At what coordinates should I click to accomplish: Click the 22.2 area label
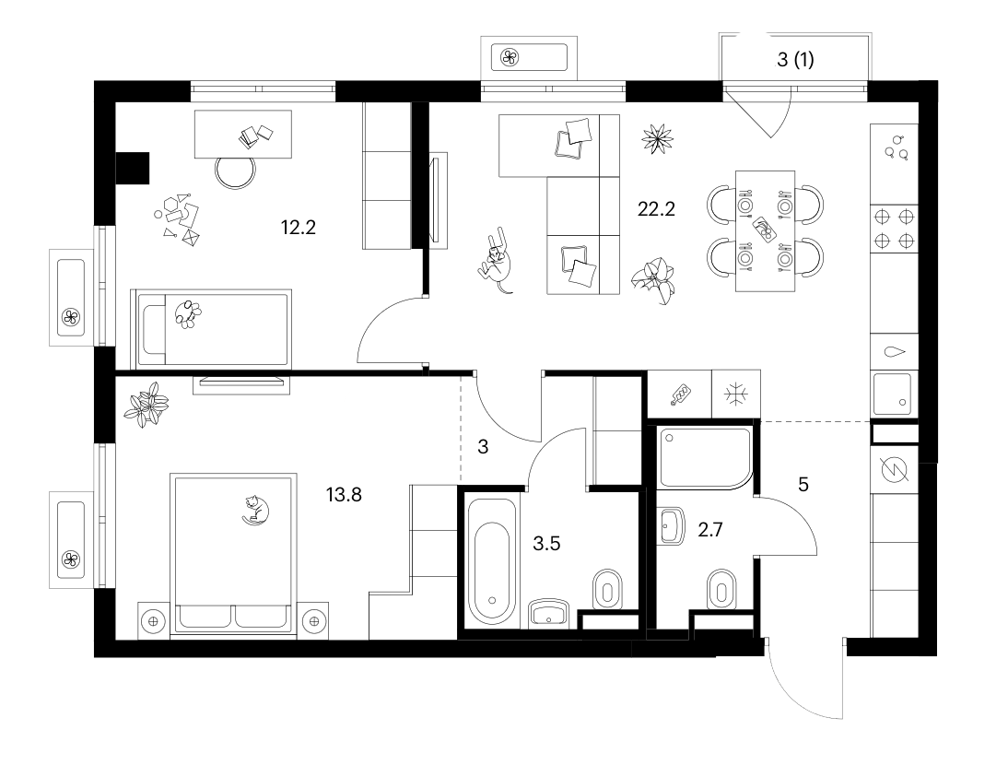656,209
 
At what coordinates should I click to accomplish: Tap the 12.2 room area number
299,227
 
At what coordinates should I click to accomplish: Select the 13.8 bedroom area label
344,494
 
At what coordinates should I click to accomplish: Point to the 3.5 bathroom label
546,544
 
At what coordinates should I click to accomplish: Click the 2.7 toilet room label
710,529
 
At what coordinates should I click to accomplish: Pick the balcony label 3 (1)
795,60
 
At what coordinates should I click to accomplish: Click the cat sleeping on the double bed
254,510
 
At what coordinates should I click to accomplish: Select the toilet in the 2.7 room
721,587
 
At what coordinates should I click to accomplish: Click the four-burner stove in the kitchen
895,229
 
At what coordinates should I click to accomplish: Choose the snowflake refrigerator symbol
734,394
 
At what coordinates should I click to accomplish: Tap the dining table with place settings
765,230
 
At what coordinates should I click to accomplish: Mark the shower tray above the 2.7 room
705,457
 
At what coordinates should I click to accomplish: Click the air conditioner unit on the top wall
529,57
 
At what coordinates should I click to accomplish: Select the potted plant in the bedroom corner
147,405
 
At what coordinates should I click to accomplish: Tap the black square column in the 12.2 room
133,169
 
